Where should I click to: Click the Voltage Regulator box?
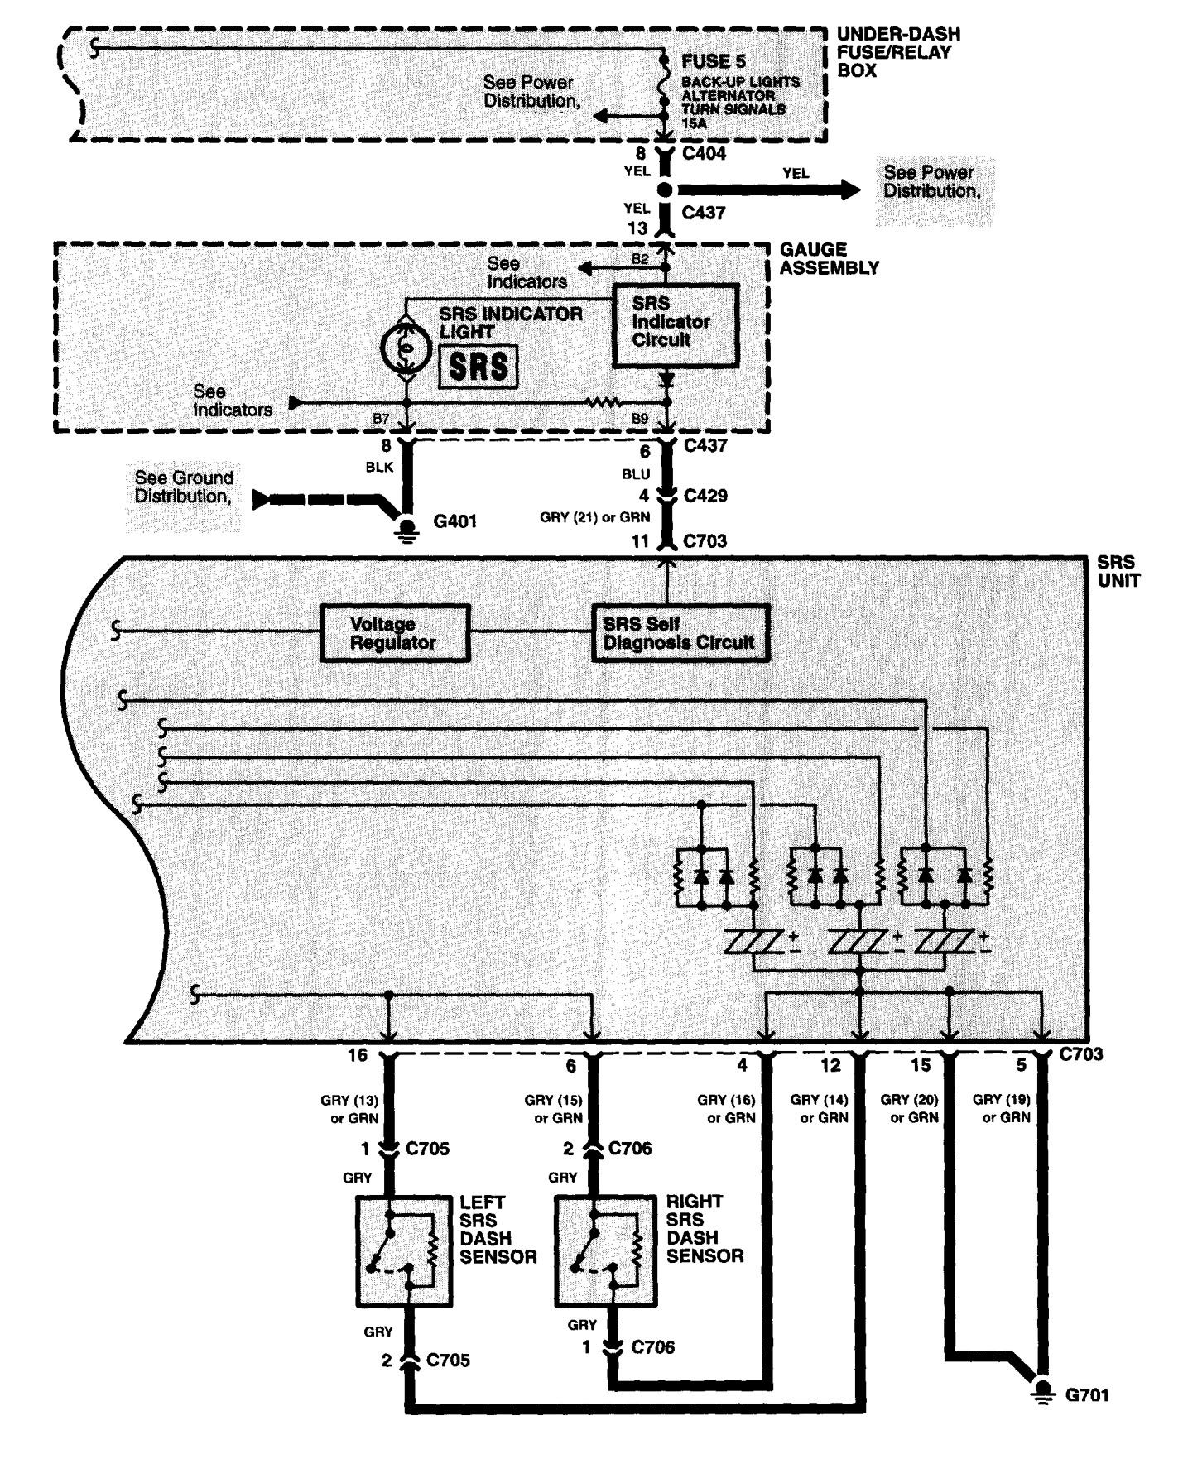395,633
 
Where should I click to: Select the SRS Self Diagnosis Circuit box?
680,633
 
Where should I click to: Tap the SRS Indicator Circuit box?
675,324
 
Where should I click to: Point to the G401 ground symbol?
406,528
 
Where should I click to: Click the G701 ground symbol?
1043,1390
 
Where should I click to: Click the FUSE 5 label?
714,62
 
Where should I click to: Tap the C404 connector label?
704,153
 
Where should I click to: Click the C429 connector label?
705,496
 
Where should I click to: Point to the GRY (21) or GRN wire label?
595,517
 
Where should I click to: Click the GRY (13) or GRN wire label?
349,1109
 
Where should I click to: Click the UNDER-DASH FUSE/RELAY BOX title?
898,52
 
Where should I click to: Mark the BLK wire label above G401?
379,467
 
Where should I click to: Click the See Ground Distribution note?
184,487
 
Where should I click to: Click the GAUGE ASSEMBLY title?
830,258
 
